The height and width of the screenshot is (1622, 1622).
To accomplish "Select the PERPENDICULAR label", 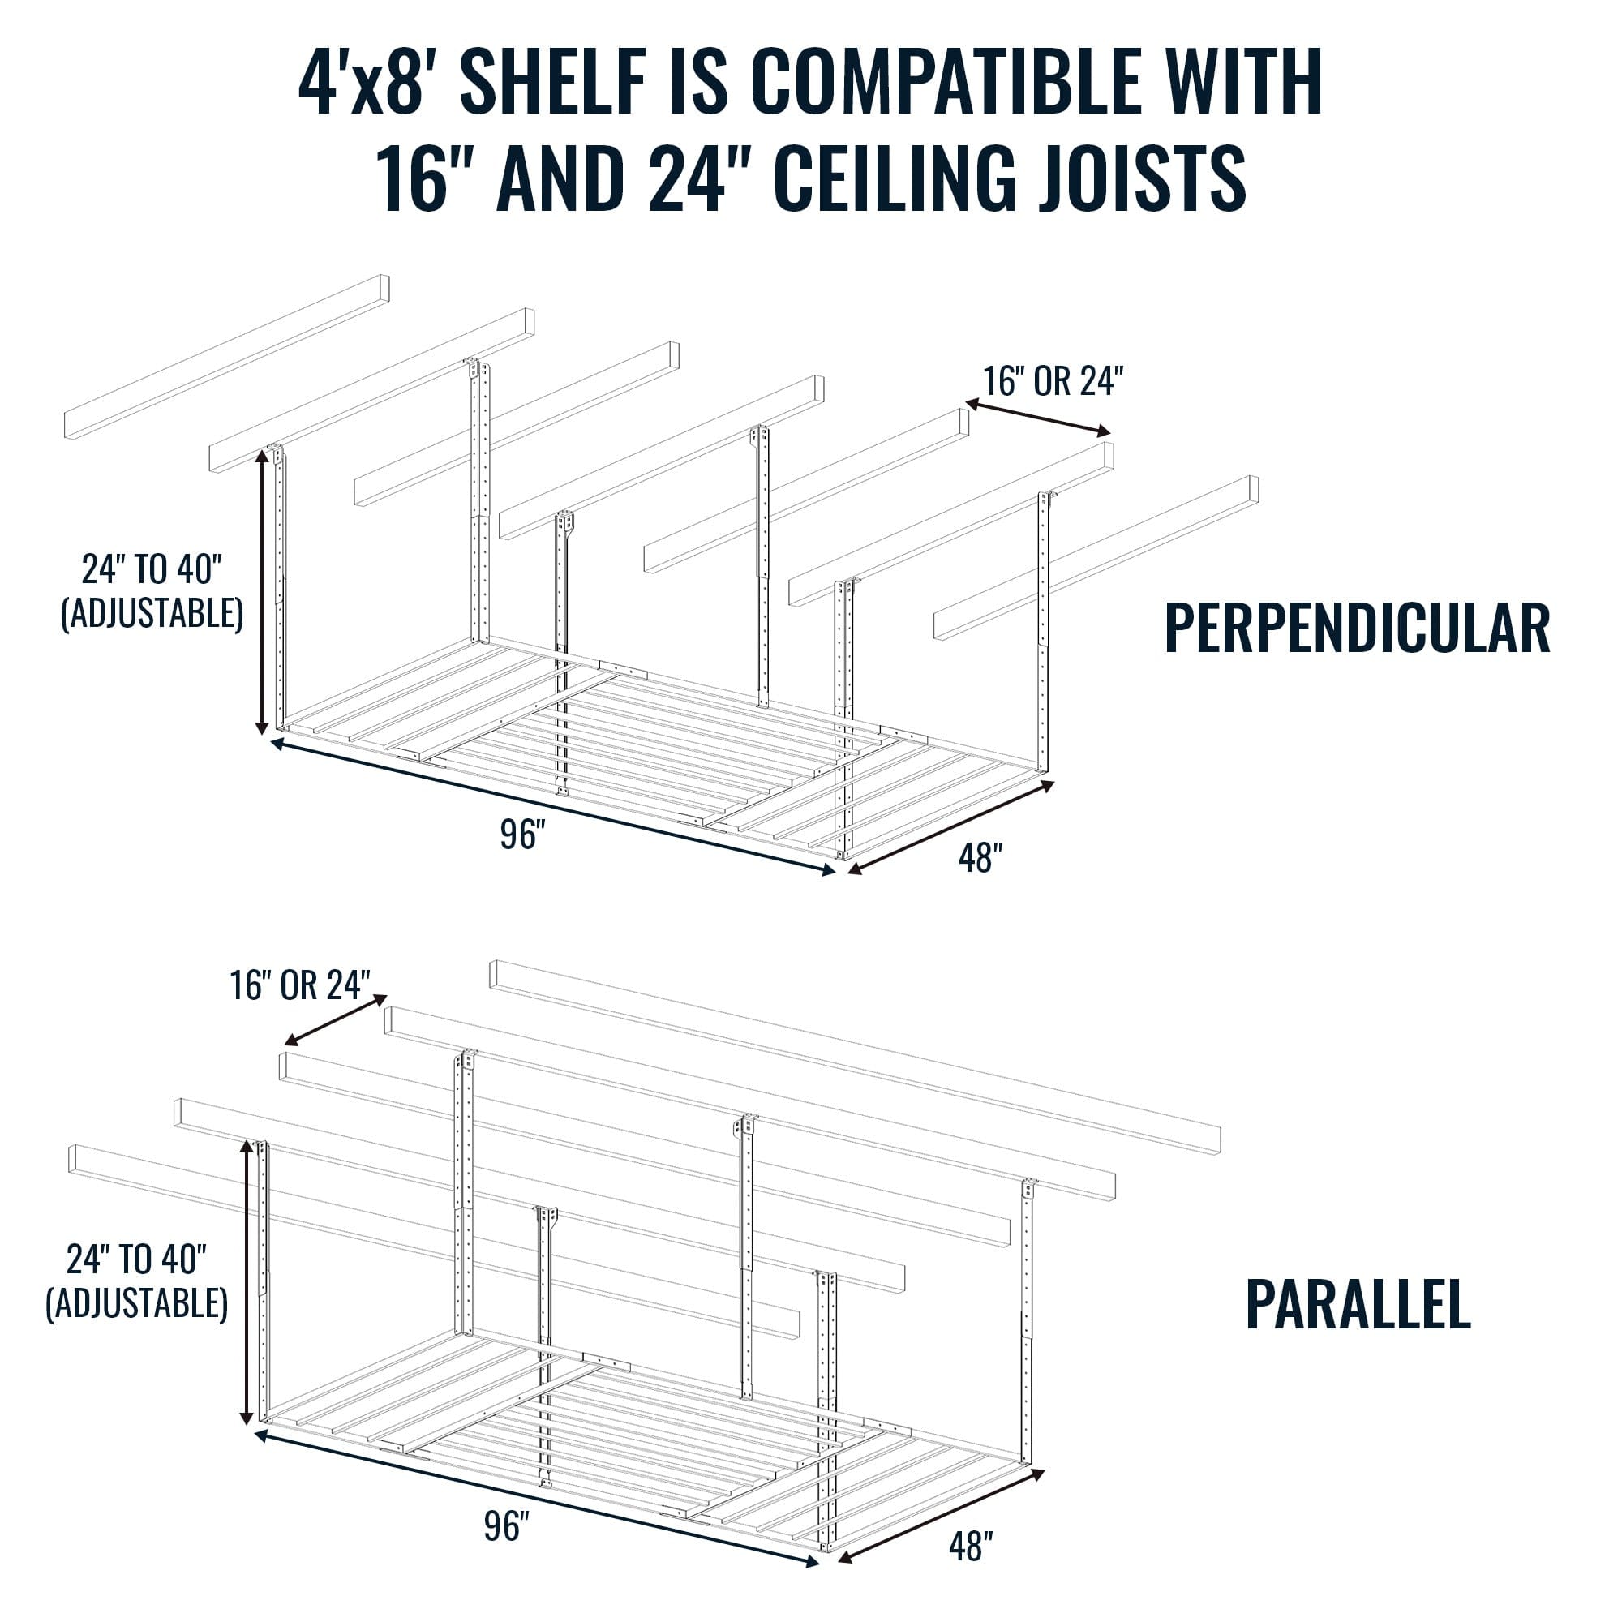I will (1357, 629).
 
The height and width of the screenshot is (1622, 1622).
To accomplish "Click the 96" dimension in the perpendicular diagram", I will (523, 835).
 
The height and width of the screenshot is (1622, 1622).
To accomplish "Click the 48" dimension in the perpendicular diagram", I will (980, 858).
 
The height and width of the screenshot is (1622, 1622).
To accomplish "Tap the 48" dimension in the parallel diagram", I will (972, 1547).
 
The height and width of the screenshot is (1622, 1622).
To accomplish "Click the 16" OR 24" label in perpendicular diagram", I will (1053, 381).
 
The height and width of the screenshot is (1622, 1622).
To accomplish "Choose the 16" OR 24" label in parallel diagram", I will (301, 985).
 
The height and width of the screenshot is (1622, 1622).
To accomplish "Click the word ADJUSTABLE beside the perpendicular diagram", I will (152, 614).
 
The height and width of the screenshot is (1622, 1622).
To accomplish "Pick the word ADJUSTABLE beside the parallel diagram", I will (137, 1303).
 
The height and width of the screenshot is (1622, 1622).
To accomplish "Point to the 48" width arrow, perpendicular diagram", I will (951, 828).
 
